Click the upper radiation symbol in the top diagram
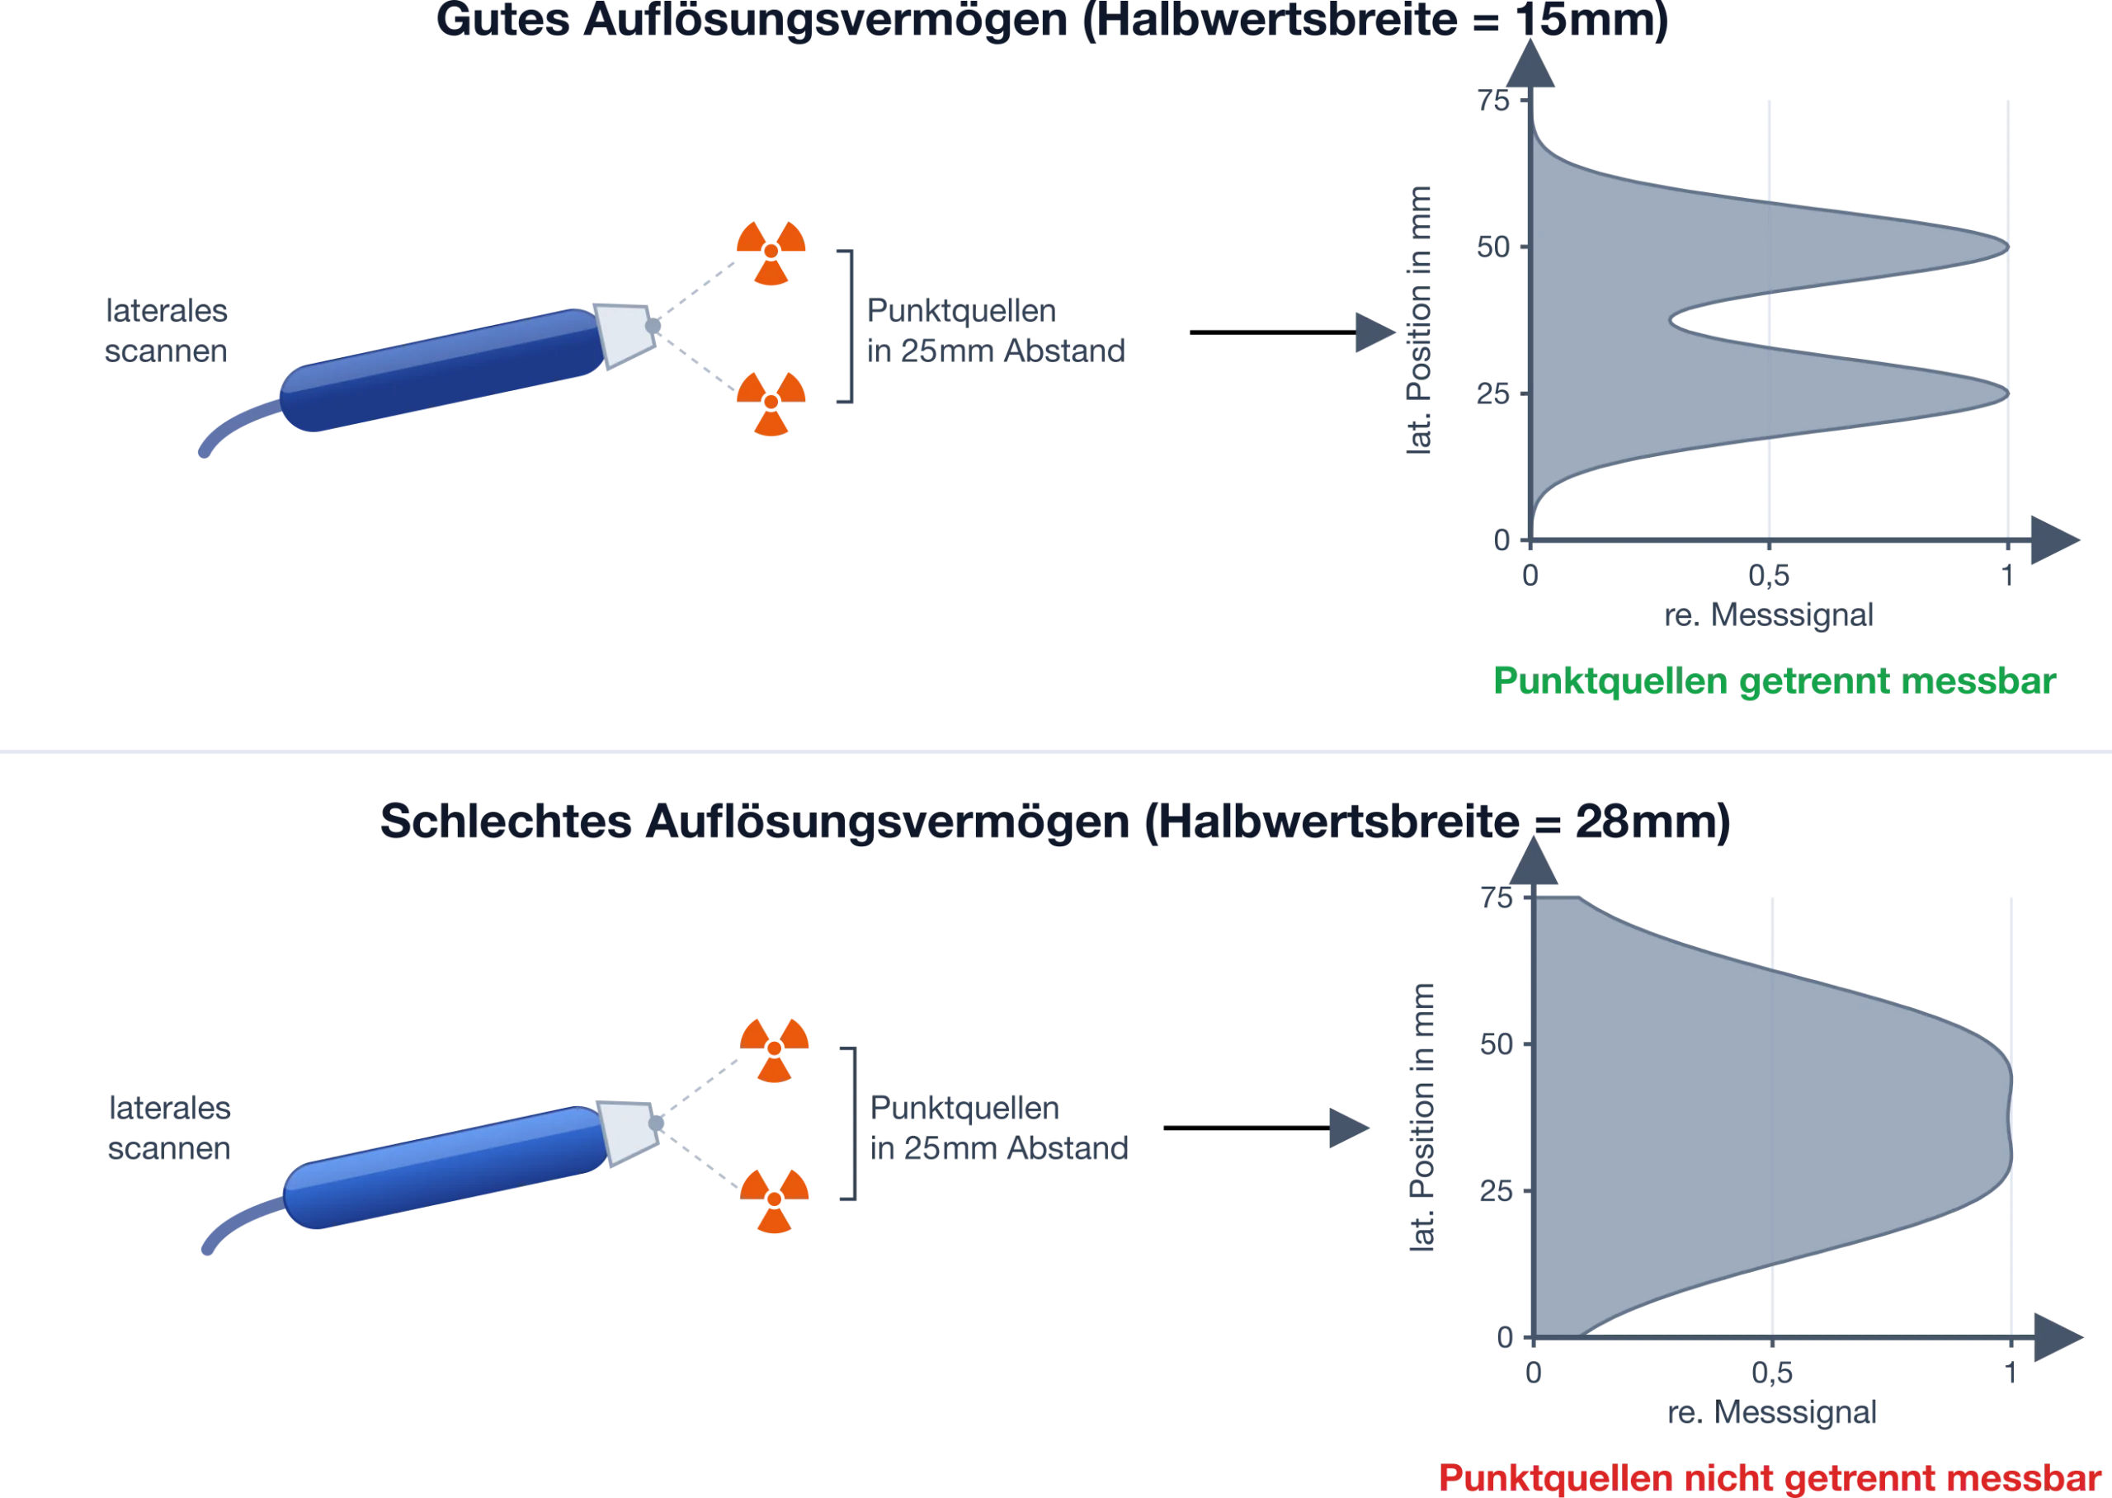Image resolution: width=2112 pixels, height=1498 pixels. pos(771,252)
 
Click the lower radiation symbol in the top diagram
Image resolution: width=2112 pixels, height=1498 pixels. pos(771,403)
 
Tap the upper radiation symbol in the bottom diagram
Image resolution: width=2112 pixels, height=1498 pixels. pos(774,1050)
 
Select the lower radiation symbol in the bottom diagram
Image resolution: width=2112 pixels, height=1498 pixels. pos(774,1200)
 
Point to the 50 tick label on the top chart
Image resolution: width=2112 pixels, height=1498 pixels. pos(1493,247)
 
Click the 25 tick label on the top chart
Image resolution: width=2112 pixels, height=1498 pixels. pos(1493,393)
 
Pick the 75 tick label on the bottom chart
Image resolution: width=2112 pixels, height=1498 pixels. pos(1496,897)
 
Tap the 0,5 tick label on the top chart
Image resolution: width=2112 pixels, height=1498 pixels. pos(1769,576)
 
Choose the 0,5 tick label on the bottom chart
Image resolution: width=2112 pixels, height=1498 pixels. pos(1771,1373)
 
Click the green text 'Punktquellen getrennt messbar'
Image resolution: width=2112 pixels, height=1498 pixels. pos(1775,681)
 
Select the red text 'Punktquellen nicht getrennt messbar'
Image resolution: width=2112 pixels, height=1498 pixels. pos(1770,1477)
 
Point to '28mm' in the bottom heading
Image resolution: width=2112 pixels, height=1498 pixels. pos(1643,821)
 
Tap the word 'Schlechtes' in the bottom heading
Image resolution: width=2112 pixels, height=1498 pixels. pos(506,821)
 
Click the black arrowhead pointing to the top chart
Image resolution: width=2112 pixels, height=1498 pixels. pos(1375,332)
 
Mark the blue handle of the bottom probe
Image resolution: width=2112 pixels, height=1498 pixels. pos(445,1168)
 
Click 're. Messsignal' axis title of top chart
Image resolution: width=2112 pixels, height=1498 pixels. pos(1769,615)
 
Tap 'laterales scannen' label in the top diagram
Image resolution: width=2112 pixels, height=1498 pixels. pos(166,331)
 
